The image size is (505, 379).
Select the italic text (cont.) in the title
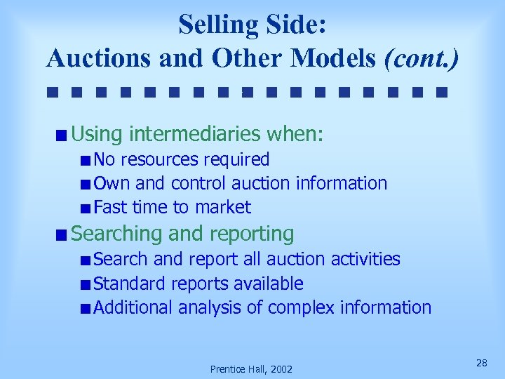[422, 58]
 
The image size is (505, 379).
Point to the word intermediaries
[199, 133]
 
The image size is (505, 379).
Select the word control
[198, 183]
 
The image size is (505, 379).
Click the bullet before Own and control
[85, 185]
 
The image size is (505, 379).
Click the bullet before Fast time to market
[85, 208]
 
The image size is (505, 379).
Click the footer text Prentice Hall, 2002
[252, 368]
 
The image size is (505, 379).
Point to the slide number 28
[481, 362]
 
